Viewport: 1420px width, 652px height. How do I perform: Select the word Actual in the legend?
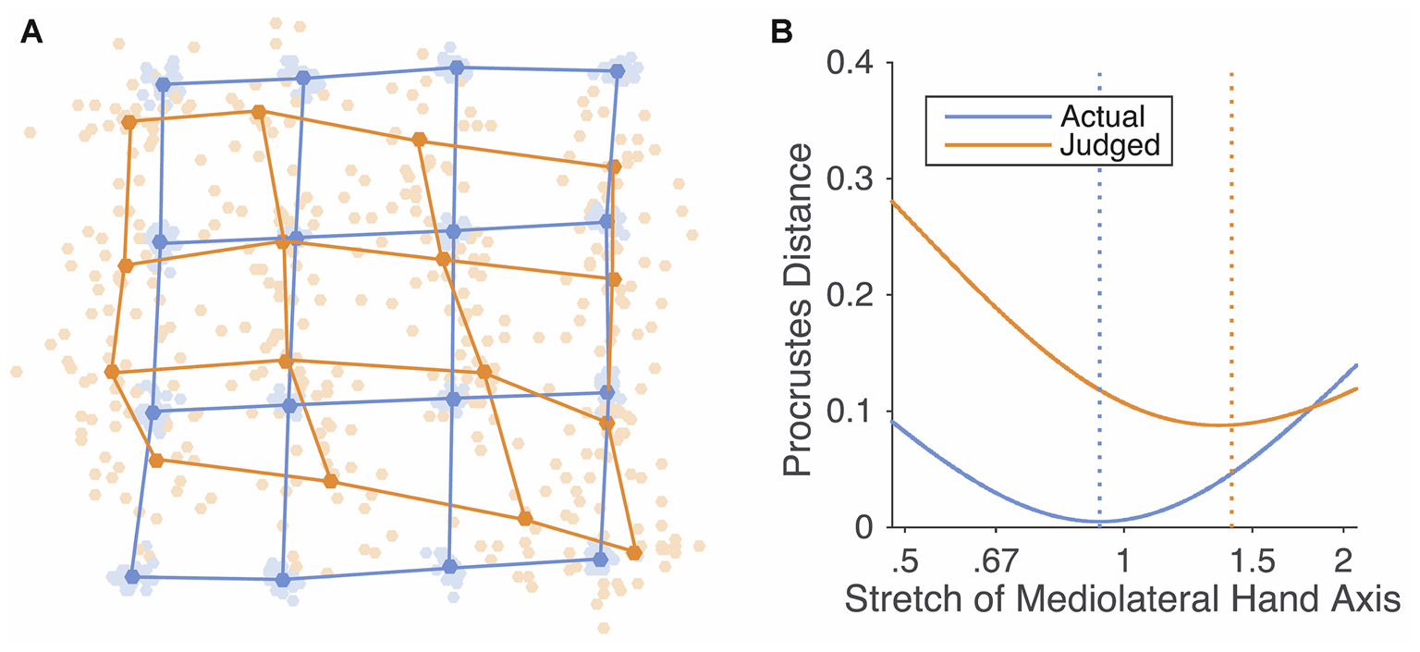tap(1103, 116)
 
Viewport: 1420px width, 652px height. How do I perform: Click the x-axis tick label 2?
tap(1343, 562)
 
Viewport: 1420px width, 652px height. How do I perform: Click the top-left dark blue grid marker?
tap(164, 84)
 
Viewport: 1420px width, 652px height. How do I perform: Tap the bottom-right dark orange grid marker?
tap(634, 553)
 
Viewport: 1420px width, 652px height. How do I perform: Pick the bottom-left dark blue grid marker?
tap(132, 576)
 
